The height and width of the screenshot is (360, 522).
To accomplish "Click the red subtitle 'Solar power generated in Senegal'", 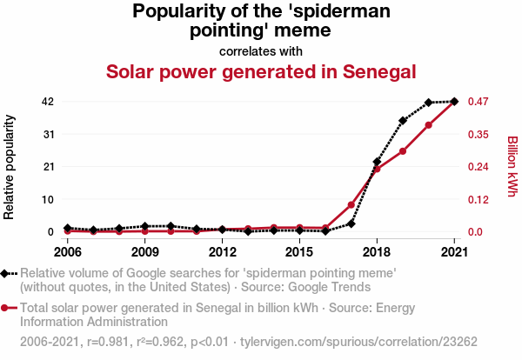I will pos(260,71).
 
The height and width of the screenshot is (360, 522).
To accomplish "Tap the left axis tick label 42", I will pos(48,102).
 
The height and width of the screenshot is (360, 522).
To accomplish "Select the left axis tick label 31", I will pos(48,134).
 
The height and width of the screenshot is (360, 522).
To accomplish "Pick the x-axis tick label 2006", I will pos(68,252).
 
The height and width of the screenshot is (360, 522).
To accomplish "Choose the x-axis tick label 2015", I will pos(299,252).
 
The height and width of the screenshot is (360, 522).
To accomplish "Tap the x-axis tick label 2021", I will pos(453,252).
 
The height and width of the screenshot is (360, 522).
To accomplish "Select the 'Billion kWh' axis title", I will pos(512,166).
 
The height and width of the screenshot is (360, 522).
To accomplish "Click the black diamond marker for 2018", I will pos(377,163).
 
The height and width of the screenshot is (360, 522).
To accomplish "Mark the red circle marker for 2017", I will pos(351,205).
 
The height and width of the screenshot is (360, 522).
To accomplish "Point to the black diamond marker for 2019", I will pos(403,121).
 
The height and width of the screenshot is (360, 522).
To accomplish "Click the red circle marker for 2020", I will pos(429,125).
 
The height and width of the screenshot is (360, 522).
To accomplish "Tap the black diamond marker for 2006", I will pos(68,228).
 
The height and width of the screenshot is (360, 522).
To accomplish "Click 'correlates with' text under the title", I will pos(260,50).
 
